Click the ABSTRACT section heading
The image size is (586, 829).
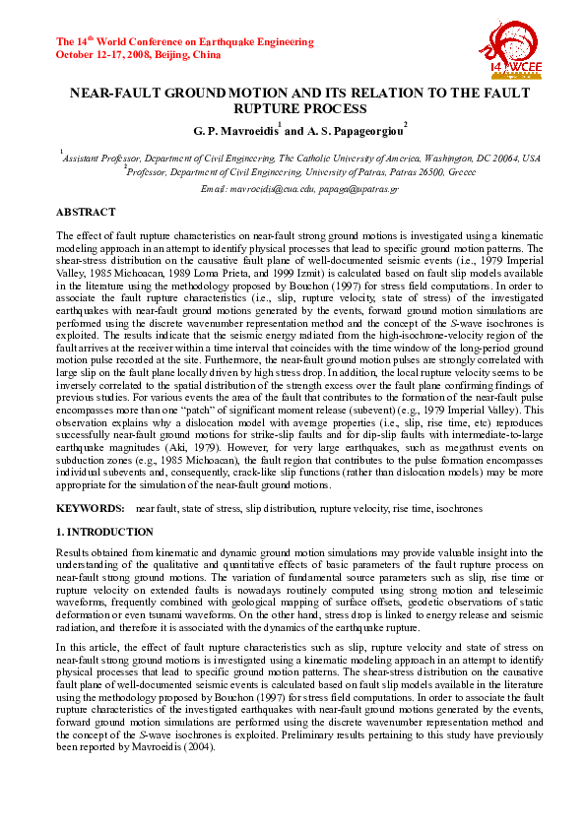coord(86,212)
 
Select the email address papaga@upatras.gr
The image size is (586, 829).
coord(358,188)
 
